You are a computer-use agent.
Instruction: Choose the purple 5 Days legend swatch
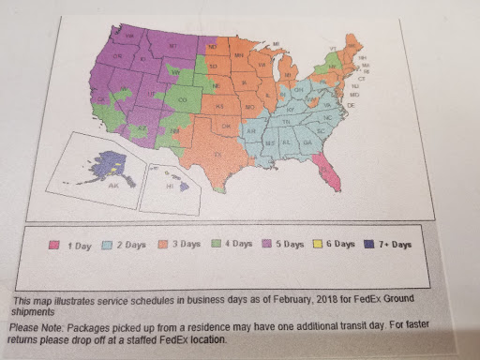click(x=278, y=244)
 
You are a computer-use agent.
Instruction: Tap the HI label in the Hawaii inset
click(x=171, y=187)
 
